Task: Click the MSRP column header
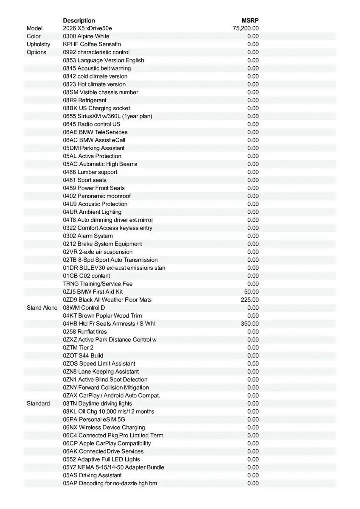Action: point(250,20)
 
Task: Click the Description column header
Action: point(79,20)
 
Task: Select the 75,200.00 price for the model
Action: point(246,28)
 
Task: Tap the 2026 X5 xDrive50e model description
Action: point(87,28)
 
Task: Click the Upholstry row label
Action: point(38,44)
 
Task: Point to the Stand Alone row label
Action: point(42,308)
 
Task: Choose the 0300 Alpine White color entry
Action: point(86,36)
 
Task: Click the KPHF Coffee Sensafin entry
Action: point(92,44)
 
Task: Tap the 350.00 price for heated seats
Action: point(250,324)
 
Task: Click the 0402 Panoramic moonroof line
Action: point(97,196)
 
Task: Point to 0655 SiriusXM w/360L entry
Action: point(107,116)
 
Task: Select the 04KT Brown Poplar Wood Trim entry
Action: point(102,316)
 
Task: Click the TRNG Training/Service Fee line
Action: point(98,284)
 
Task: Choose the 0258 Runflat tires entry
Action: point(85,332)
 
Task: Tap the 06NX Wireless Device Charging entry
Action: point(104,428)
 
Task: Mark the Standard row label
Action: point(38,403)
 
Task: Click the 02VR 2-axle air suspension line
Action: point(98,252)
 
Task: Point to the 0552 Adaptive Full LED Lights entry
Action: point(101,459)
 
